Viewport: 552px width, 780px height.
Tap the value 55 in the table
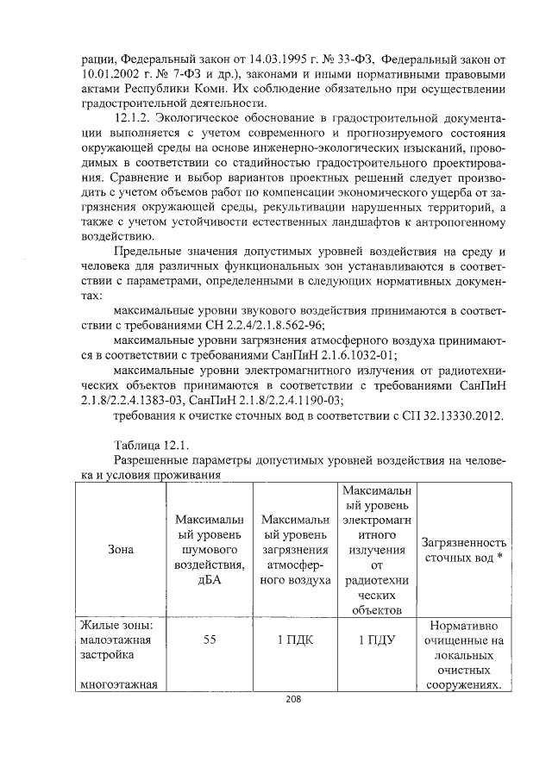(x=209, y=640)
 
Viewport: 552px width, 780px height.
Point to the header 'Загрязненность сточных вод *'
(x=463, y=552)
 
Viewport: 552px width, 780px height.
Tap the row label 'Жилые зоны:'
(x=116, y=623)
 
